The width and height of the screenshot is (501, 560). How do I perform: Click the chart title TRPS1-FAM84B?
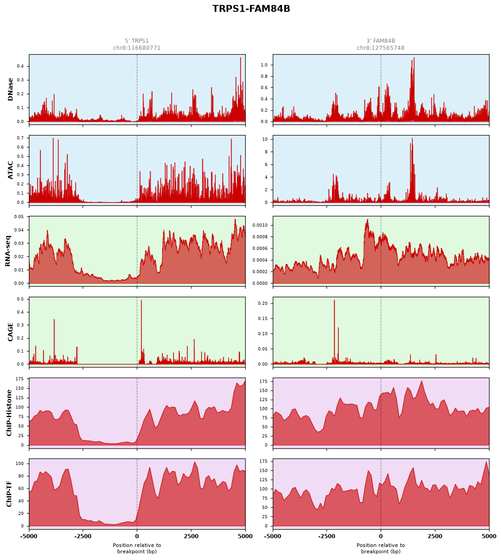[251, 9]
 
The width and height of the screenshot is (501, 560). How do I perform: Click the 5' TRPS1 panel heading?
[137, 41]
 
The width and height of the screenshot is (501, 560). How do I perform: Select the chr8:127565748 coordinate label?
[381, 48]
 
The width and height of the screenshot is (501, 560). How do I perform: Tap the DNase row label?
[10, 89]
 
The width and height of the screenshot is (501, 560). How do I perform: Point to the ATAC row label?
[10, 170]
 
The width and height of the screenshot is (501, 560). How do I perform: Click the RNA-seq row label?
[8, 251]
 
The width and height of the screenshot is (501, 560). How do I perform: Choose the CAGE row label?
[10, 332]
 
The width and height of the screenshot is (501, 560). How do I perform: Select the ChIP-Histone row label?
[9, 413]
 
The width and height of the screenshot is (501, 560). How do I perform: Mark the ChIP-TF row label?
[9, 494]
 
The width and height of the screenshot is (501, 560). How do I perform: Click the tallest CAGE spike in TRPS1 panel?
[141, 300]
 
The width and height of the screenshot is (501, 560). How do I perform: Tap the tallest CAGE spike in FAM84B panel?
[334, 300]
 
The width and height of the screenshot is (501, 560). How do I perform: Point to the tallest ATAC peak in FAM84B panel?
[412, 139]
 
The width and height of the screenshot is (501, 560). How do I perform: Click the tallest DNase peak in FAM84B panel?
[414, 58]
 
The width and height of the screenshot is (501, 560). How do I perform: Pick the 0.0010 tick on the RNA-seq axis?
[260, 225]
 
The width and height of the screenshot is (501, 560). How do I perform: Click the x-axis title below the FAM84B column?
[381, 549]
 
